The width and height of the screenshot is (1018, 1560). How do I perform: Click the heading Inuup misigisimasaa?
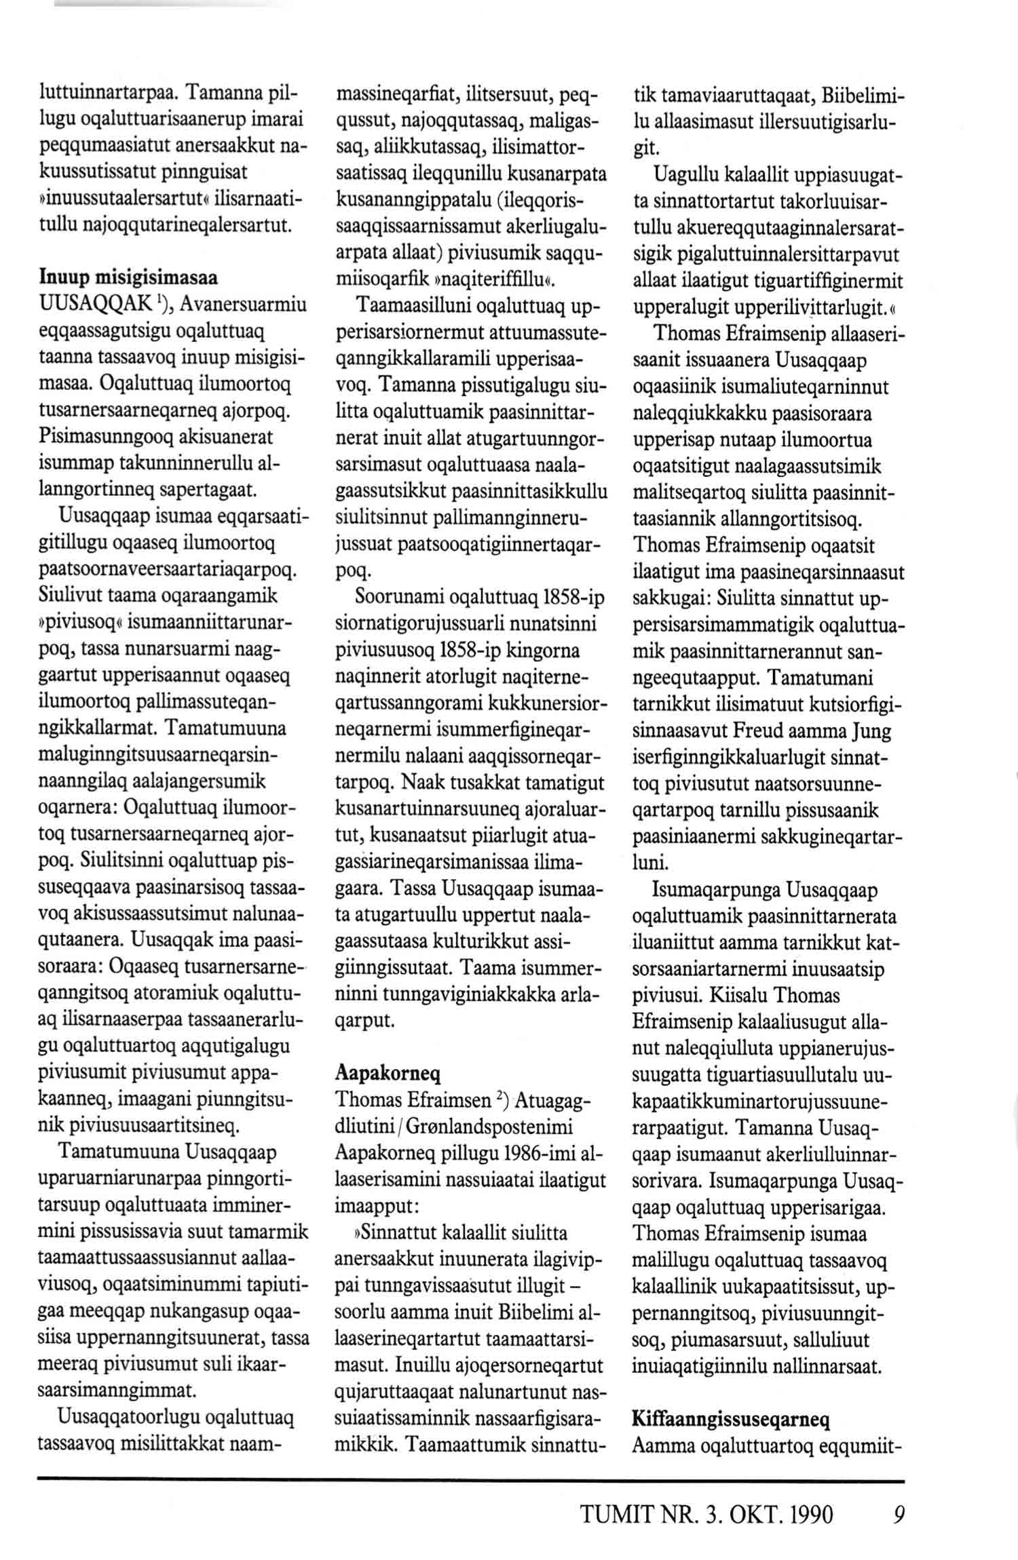coord(128,278)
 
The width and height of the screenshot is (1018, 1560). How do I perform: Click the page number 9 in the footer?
coord(899,1515)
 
